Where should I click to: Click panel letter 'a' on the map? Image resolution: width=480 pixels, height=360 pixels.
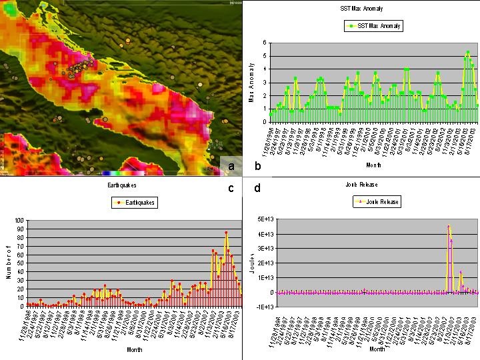point(231,166)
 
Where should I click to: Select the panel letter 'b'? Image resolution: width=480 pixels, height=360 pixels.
point(257,165)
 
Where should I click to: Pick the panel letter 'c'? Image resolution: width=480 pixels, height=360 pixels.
point(231,188)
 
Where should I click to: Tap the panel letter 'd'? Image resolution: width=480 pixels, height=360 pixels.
point(257,188)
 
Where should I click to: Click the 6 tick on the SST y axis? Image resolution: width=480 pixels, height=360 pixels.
point(265,43)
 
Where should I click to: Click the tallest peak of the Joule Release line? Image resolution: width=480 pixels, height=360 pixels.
point(449,227)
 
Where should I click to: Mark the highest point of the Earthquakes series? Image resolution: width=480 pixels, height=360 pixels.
point(226,232)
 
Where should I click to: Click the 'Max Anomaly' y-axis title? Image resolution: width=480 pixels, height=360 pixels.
point(251,82)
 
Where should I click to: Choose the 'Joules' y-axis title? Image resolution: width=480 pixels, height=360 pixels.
point(251,262)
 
